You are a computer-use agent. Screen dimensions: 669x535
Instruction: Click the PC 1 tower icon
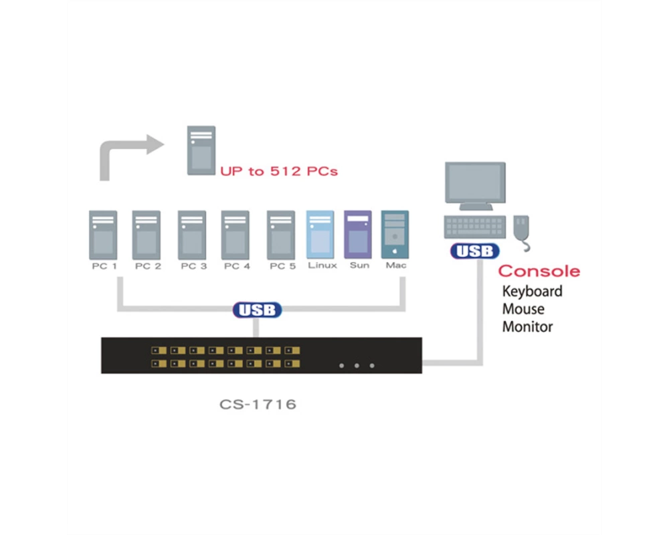pos(103,235)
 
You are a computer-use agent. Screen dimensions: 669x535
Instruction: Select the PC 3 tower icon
pos(192,235)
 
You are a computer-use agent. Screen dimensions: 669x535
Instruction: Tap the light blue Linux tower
pos(320,234)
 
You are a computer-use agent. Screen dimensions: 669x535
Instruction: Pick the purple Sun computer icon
pos(357,234)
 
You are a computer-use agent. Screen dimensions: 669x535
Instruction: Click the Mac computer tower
pos(395,234)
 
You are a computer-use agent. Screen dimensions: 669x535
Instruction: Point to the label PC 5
pos(282,266)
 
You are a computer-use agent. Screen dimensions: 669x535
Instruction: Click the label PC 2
pos(148,266)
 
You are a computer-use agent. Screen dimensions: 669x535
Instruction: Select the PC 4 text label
pos(237,266)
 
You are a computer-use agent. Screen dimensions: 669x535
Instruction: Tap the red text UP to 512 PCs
pos(278,171)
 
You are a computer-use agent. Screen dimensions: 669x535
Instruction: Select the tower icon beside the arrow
pos(201,150)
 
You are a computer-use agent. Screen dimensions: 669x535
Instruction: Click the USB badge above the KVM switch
pos(258,310)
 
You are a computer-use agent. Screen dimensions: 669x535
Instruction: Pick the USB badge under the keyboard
pos(475,251)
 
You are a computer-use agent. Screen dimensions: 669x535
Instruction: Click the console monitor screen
pos(475,182)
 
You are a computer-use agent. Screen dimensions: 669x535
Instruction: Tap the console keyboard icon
pos(475,227)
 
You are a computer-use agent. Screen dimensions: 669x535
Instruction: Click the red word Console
pos(539,272)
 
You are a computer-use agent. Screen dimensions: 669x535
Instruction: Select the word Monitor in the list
pos(527,327)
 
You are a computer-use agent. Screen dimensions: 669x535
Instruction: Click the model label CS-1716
pos(258,405)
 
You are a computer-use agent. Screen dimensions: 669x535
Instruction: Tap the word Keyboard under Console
pos(532,292)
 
